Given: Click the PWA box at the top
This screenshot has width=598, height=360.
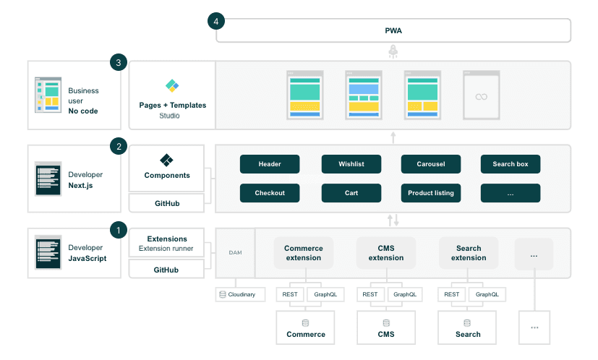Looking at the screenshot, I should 393,31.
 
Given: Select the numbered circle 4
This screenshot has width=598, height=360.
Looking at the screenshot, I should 216,21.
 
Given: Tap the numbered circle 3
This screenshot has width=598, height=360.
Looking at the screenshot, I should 118,63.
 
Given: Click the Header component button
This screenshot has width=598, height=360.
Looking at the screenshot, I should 269,164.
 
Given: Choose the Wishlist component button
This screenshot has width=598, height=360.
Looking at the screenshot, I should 351,164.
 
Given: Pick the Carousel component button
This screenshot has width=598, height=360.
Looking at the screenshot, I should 431,164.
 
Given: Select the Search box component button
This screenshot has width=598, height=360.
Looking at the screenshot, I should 511,164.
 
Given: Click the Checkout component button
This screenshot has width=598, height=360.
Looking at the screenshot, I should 269,193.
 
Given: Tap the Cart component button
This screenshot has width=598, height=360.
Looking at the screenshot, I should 351,193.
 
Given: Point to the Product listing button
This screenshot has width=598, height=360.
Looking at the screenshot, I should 431,193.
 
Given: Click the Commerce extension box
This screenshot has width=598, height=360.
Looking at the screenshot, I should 304,253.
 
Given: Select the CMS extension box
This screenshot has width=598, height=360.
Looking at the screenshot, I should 386,253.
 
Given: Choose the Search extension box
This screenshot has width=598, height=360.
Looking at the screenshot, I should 468,253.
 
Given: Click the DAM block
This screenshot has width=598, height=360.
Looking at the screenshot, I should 235,252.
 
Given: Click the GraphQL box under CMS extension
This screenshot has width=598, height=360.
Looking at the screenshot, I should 405,294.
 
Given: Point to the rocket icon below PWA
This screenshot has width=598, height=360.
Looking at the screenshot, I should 393,51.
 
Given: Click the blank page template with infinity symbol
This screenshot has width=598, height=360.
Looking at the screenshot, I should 481,95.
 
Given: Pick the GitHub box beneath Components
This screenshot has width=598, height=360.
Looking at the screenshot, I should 167,204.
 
